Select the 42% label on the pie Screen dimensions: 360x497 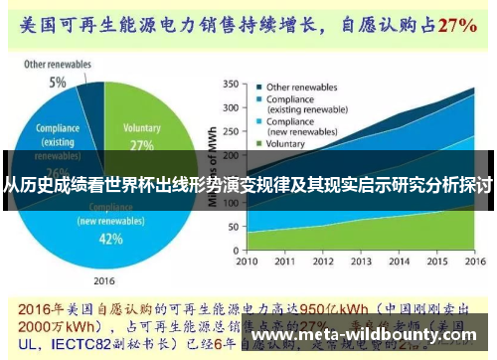click(111, 239)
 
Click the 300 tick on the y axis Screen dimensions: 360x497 click(231, 107)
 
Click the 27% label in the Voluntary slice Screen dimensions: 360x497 click(142, 145)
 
